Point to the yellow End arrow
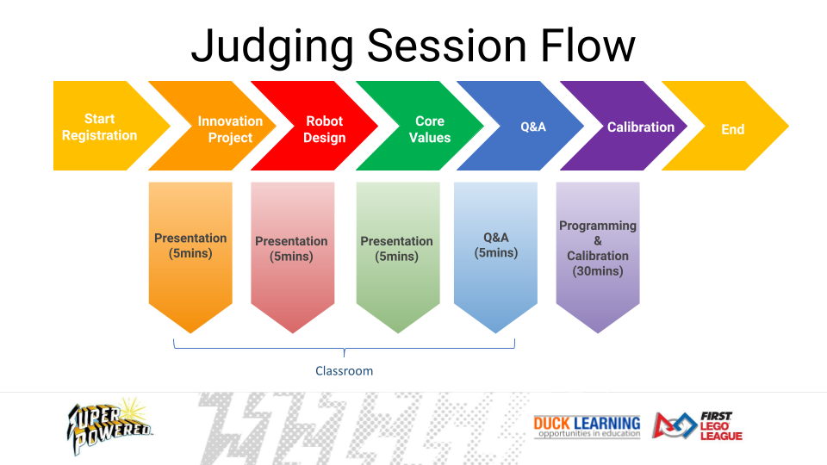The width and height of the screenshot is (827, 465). tap(732, 129)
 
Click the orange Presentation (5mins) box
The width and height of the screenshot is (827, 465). tap(190, 245)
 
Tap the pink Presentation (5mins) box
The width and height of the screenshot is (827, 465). tap(291, 248)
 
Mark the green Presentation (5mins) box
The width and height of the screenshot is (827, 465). tap(396, 248)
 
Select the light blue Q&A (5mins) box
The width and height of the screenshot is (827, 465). tap(495, 245)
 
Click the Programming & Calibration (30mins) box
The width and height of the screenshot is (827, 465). tap(598, 248)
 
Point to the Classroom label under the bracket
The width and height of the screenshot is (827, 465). tap(344, 370)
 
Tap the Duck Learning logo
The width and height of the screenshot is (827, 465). tap(587, 425)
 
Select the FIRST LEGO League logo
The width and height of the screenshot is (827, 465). tap(698, 425)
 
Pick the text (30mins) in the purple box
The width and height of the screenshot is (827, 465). tap(598, 271)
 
